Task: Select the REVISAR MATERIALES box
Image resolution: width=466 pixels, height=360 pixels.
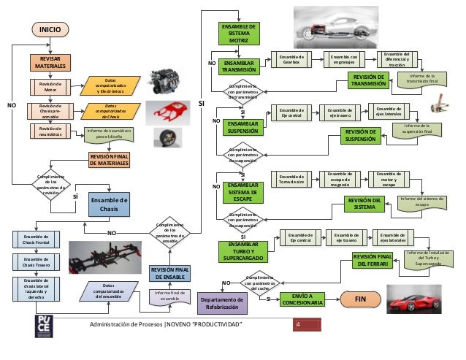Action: coord(50,63)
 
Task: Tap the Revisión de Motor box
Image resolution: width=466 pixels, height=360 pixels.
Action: coord(50,87)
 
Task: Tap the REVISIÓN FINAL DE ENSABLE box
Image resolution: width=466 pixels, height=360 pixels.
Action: coord(169,274)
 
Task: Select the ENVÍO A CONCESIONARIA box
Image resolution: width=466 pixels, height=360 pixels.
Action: coord(302,299)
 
